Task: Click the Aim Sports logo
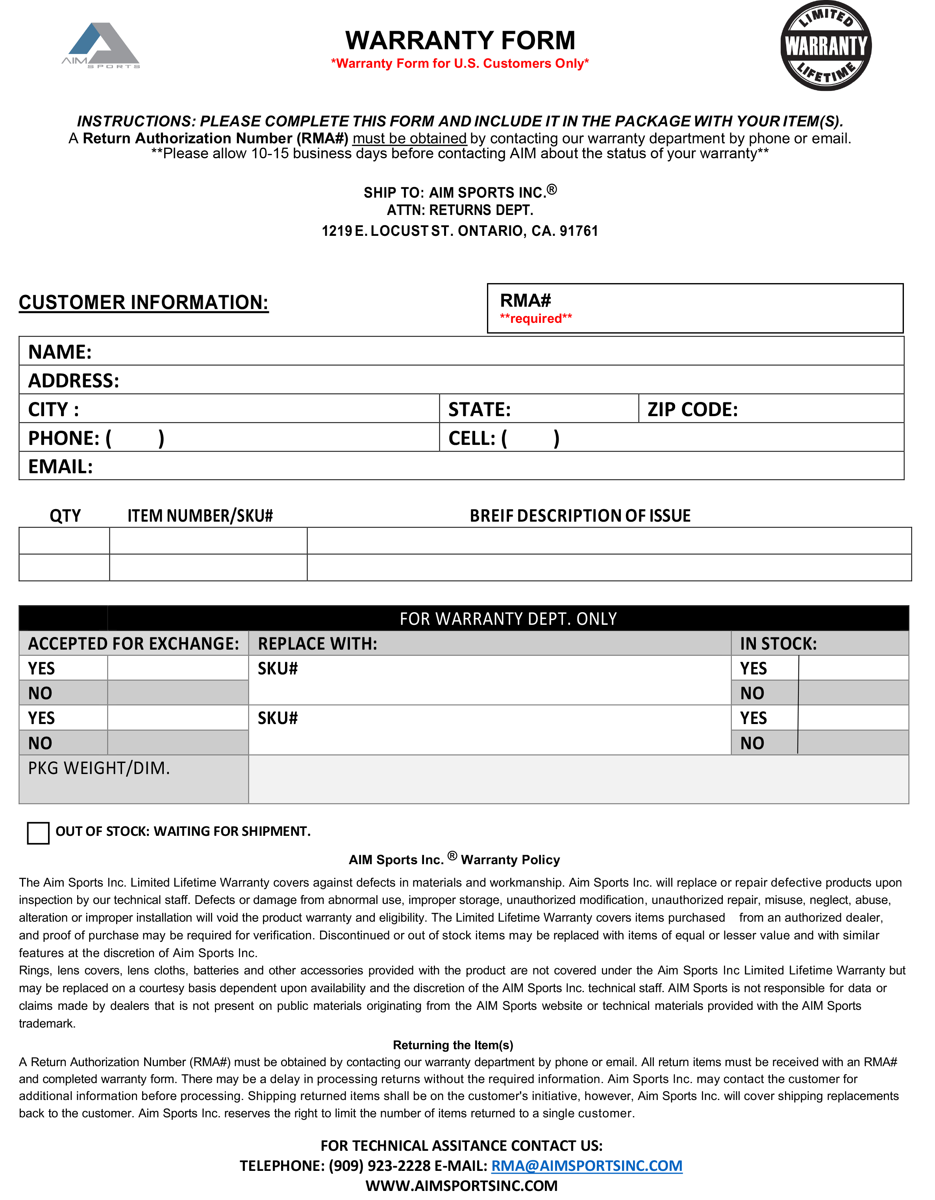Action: click(x=101, y=46)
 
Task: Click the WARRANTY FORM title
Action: click(x=460, y=41)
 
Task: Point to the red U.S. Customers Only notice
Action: click(x=460, y=64)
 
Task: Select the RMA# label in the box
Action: click(x=525, y=300)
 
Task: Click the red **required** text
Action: click(x=536, y=319)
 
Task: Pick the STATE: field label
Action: click(x=479, y=409)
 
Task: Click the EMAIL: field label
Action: click(x=60, y=467)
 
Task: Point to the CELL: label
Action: click(x=472, y=438)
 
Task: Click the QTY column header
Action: click(x=65, y=515)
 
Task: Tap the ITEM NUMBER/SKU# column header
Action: click(x=200, y=515)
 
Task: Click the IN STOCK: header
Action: click(x=778, y=643)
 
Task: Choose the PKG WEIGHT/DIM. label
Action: click(x=99, y=768)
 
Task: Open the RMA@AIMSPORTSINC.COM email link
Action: click(x=586, y=1166)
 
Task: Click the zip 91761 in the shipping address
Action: click(x=578, y=231)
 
